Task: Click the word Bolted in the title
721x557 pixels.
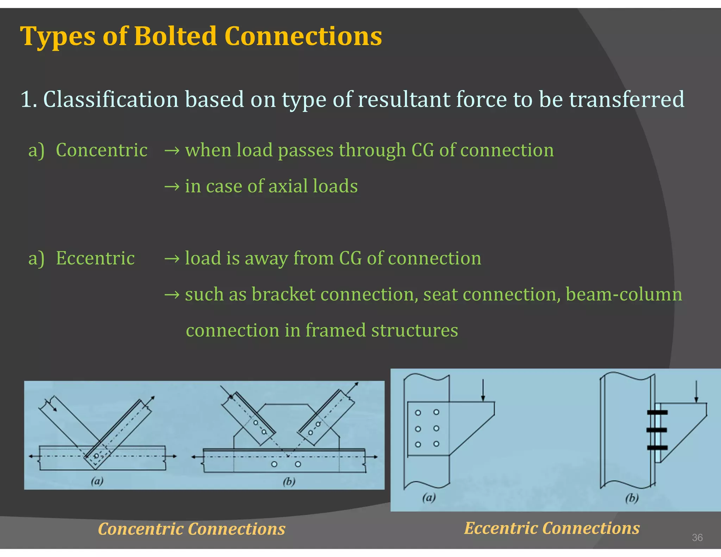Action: click(175, 36)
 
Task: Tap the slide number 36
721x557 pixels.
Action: click(697, 538)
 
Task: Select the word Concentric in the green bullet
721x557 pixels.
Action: click(101, 150)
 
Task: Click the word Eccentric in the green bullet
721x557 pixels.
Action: click(95, 258)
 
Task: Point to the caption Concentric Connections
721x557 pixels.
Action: click(192, 529)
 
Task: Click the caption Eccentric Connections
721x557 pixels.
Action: click(552, 528)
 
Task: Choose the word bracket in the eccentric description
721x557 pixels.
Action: click(283, 294)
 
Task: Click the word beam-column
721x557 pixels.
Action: click(623, 294)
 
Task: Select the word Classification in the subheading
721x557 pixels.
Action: click(111, 99)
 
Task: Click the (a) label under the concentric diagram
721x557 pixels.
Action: click(97, 481)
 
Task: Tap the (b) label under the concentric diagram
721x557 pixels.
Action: click(289, 481)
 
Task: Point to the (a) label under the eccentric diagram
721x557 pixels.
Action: click(429, 497)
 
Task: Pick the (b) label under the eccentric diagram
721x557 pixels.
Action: click(632, 498)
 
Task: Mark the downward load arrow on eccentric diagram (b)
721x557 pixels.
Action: click(696, 391)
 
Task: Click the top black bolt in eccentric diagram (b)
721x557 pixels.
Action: click(657, 412)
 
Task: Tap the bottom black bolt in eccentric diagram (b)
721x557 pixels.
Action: click(657, 448)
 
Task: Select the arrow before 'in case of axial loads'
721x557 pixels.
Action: click(172, 187)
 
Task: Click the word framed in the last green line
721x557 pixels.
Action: click(336, 331)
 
